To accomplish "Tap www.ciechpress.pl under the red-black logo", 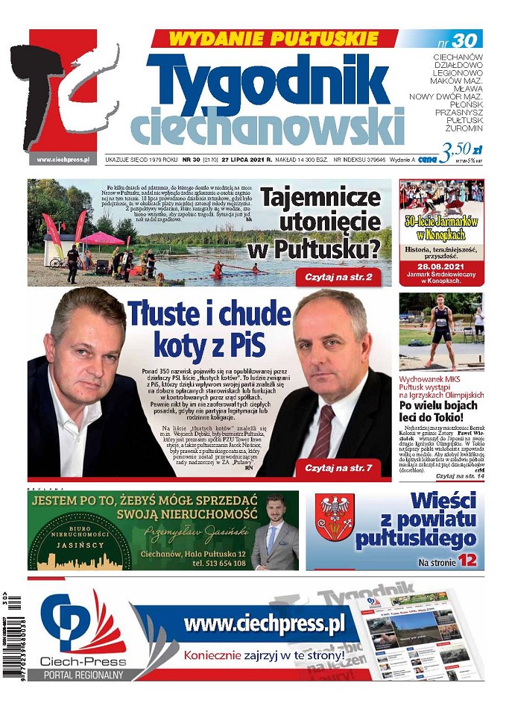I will coord(63,159).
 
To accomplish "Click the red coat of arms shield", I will coord(335,518).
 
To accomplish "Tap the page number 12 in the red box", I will coord(467,559).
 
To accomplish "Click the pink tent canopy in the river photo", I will coord(101,237).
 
